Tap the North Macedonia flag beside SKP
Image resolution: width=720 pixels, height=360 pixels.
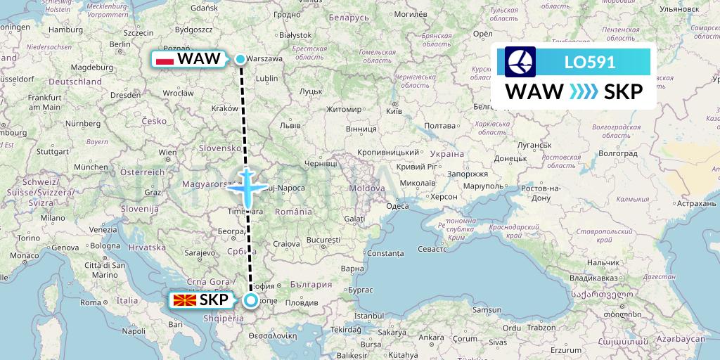(184, 300)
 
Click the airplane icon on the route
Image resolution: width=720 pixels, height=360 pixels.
(247, 186)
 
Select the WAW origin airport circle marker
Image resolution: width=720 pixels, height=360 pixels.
(240, 59)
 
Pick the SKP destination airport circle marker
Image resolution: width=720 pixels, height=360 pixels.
(251, 301)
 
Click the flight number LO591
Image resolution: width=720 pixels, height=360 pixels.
(590, 62)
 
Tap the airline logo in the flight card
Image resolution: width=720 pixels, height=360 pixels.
(520, 62)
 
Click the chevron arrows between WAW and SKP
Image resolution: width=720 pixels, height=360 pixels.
(584, 91)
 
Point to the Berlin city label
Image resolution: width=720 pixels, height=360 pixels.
(120, 44)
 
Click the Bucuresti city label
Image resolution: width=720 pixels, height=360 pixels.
(323, 240)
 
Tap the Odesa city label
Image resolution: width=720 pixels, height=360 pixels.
(398, 205)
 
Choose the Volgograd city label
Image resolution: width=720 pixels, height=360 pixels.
(617, 152)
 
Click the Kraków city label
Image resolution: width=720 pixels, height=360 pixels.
(225, 108)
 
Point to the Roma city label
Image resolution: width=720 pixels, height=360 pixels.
(91, 302)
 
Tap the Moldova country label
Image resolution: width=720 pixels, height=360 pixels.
(364, 189)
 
